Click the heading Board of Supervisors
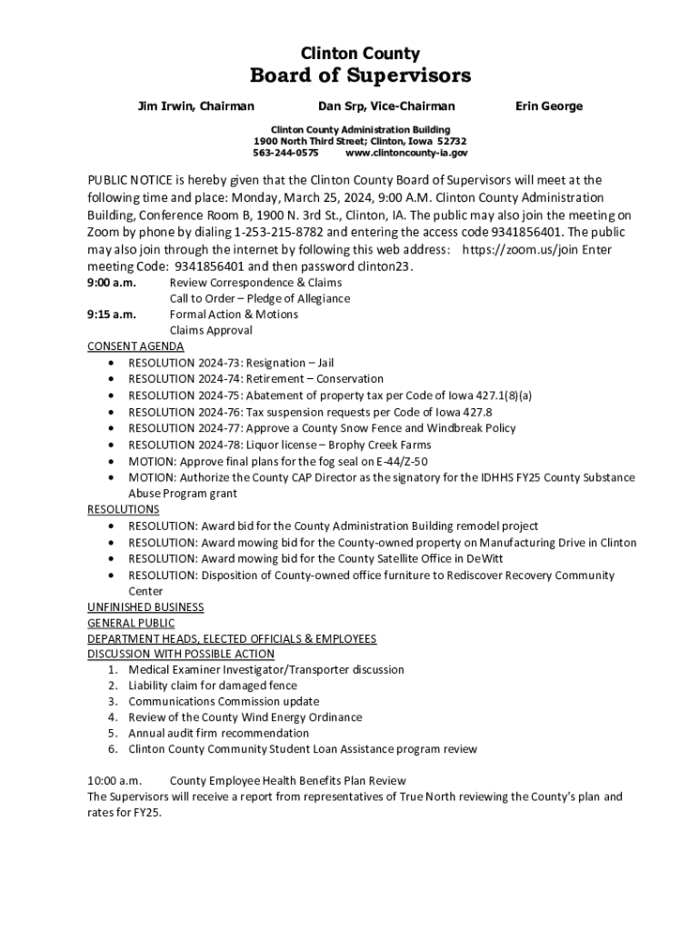tap(360, 75)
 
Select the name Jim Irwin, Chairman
tap(195, 106)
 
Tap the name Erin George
tap(549, 106)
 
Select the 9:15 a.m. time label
tap(112, 315)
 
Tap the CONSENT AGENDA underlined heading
tap(135, 346)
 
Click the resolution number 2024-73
tap(219, 363)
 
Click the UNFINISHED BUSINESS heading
tap(145, 606)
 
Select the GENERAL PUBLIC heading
tap(131, 623)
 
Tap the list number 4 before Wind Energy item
tap(112, 717)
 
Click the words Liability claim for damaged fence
tap(213, 686)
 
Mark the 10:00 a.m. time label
tap(115, 781)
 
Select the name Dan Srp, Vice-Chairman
tap(386, 106)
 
